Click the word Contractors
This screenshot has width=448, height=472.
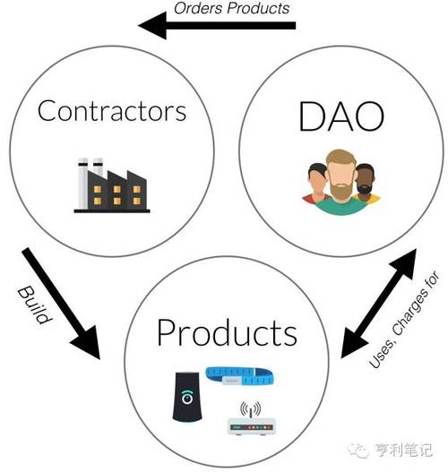pos(112,111)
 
